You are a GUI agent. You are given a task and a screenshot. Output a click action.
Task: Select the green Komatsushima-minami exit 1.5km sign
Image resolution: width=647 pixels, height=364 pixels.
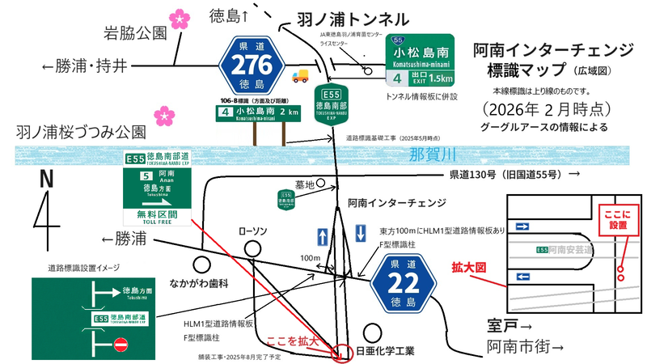pyautogui.click(x=418, y=61)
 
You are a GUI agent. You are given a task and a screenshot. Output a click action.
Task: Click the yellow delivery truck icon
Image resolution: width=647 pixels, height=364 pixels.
pyautogui.click(x=300, y=75)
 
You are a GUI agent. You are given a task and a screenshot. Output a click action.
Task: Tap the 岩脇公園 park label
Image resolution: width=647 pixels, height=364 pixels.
pyautogui.click(x=134, y=33)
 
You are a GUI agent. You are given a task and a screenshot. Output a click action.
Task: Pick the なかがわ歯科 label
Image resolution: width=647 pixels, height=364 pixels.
pyautogui.click(x=201, y=283)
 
